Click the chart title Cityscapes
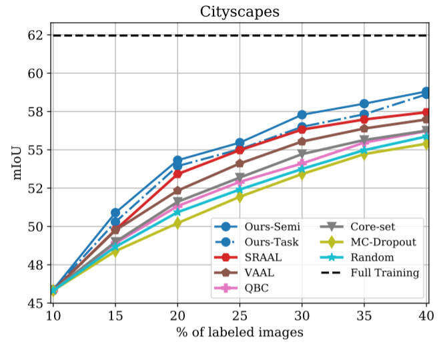(x=240, y=11)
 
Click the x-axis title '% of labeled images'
(x=240, y=332)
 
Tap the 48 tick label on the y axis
(x=34, y=265)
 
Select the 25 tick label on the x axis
(x=240, y=315)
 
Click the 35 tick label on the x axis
(x=364, y=315)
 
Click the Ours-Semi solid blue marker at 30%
(x=302, y=115)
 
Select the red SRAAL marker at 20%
(x=177, y=174)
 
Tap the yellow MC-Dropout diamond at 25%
(x=240, y=197)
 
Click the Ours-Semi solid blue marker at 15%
(x=115, y=213)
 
